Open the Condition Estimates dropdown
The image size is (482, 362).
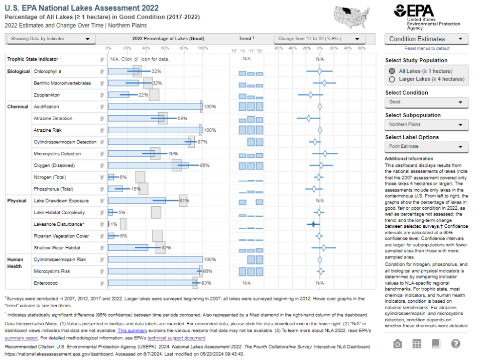428,39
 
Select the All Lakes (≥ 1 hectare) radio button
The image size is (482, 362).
392,71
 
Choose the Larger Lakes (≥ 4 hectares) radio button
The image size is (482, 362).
392,79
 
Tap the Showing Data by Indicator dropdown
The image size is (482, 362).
51,39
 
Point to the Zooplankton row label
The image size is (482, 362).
47,95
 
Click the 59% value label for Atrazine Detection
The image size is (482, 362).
182,119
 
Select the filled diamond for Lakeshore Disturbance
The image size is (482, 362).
313,224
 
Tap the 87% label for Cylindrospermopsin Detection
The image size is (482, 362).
203,142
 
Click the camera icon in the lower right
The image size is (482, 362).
398,344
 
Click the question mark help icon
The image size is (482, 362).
456,344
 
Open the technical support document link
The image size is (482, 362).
176,338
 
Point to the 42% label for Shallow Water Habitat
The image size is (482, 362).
166,248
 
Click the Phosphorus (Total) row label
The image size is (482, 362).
53,189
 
